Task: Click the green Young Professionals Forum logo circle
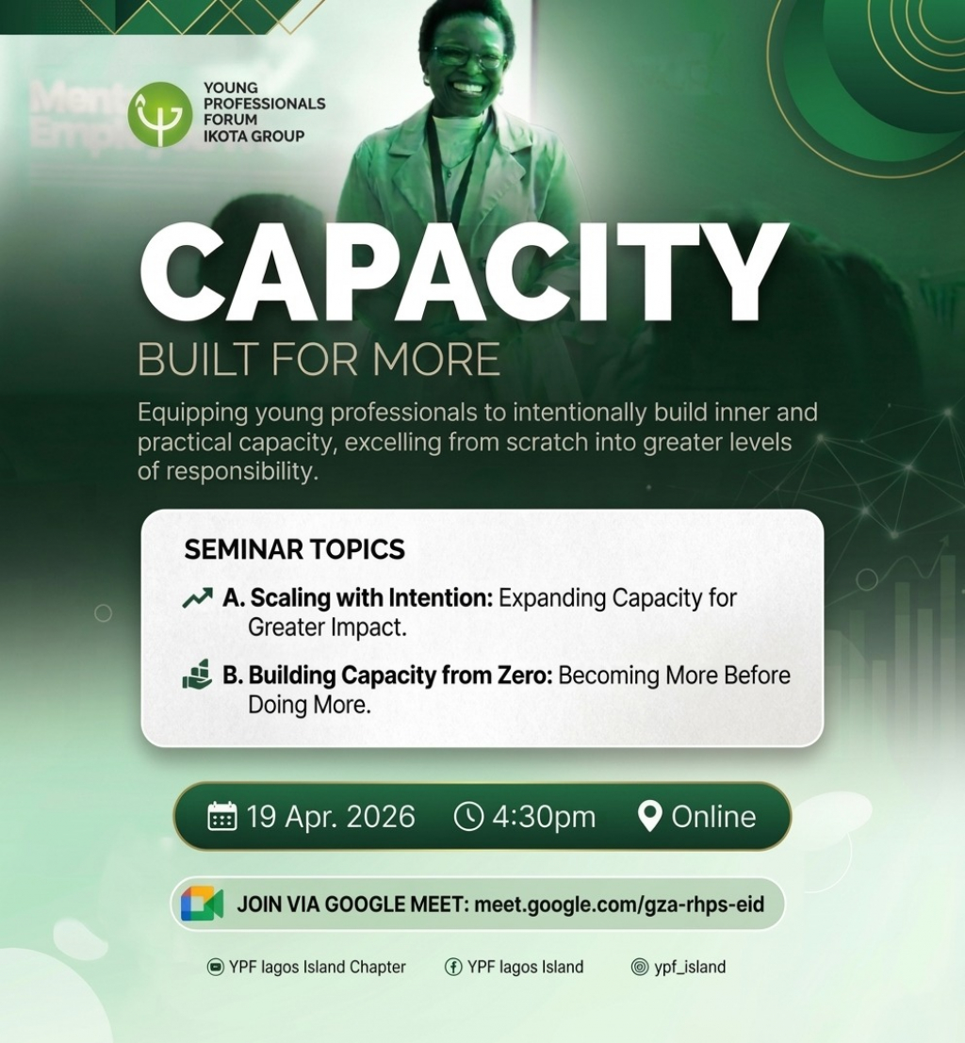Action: click(x=159, y=114)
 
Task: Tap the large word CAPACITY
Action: click(x=464, y=272)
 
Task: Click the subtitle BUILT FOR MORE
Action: click(x=319, y=359)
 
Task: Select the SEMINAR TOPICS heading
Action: click(x=294, y=549)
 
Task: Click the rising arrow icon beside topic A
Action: click(x=198, y=598)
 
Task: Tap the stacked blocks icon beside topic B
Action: click(x=197, y=675)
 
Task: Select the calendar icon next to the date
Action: click(x=222, y=816)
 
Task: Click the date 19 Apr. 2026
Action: click(x=331, y=817)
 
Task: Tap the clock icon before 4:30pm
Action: click(x=468, y=816)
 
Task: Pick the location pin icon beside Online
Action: click(x=649, y=816)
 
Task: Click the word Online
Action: click(x=713, y=817)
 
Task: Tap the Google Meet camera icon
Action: click(x=202, y=904)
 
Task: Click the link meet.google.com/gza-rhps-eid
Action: click(x=619, y=904)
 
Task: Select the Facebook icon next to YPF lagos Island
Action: click(x=453, y=967)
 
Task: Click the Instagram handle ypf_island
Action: click(x=690, y=968)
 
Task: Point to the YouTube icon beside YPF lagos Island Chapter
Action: click(x=216, y=967)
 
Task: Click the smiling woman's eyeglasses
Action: click(x=467, y=57)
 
